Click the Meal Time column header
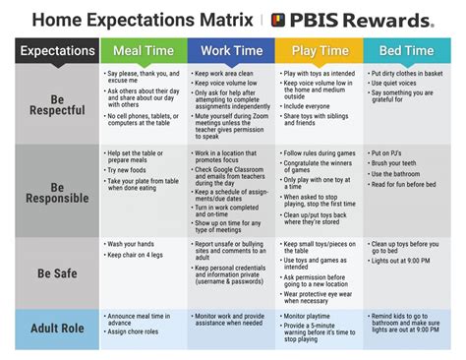tap(144, 50)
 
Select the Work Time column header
tap(231, 50)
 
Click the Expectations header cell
tap(57, 50)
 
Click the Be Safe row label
tap(57, 272)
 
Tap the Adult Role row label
tap(57, 329)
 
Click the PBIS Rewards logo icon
tap(279, 20)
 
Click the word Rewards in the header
tap(389, 20)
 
